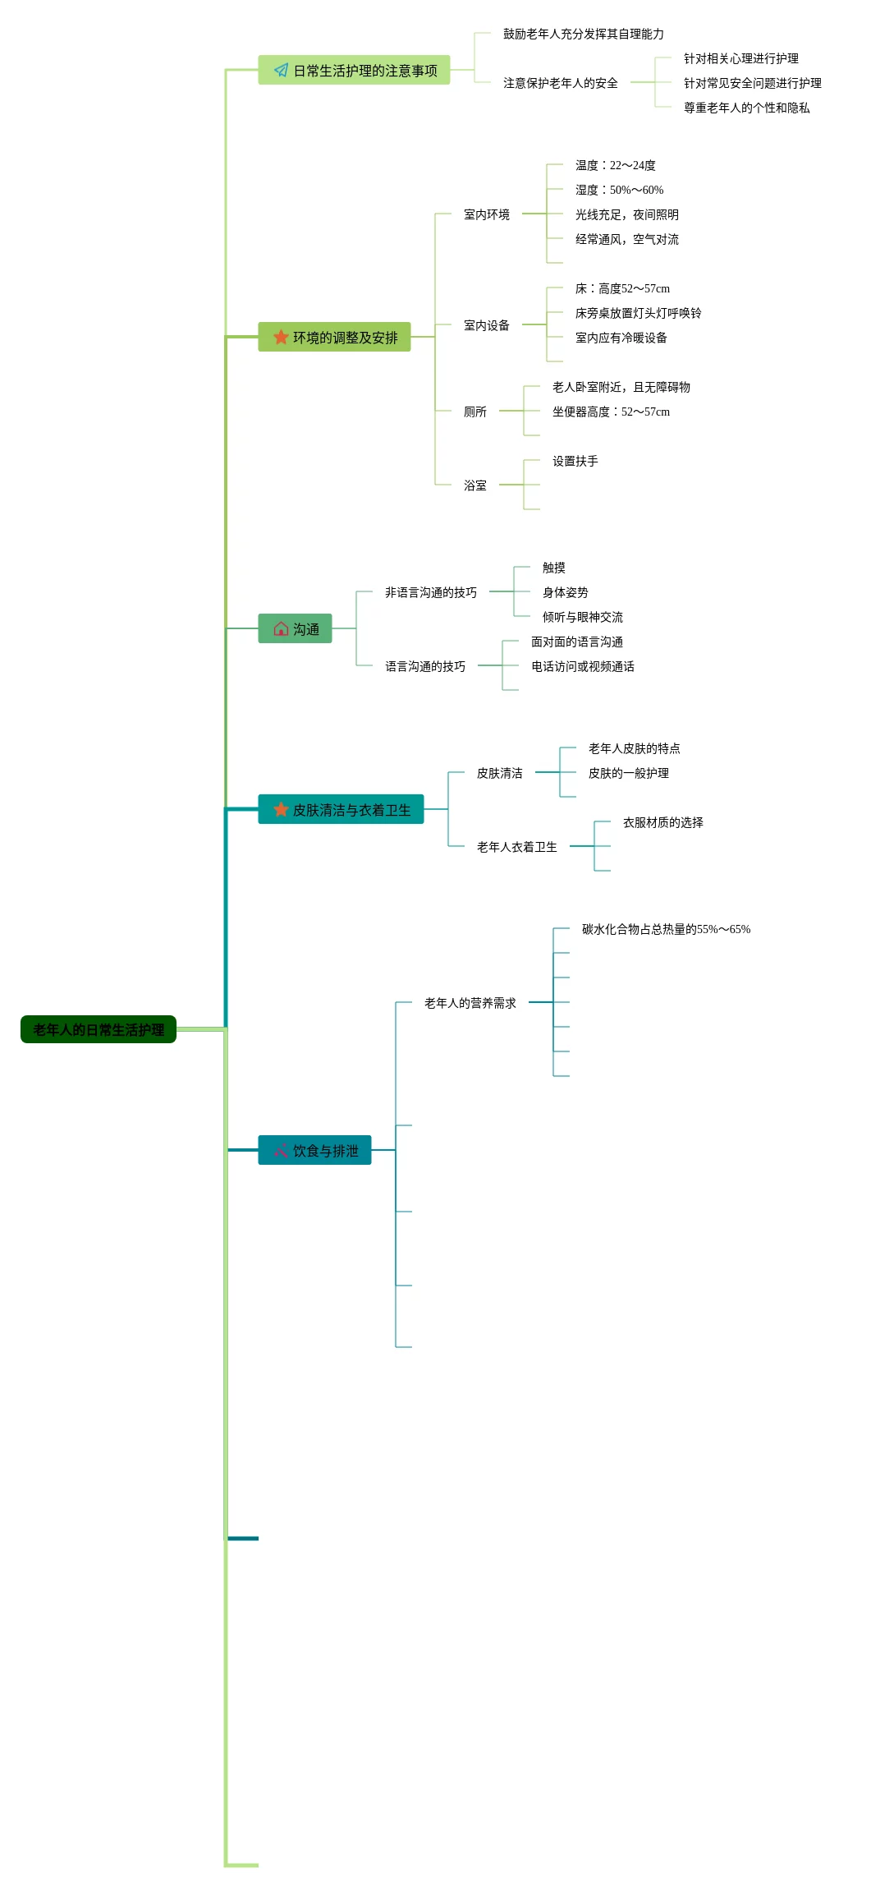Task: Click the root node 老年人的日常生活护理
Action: pyautogui.click(x=98, y=1029)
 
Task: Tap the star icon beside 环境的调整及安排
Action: pyautogui.click(x=281, y=337)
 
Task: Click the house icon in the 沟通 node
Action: pyautogui.click(x=281, y=628)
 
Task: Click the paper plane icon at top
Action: pyautogui.click(x=281, y=71)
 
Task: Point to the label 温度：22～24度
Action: pyautogui.click(x=615, y=165)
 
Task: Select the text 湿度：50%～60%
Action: pyautogui.click(x=619, y=190)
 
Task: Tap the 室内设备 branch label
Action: pyautogui.click(x=486, y=325)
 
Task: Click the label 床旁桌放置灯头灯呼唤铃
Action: pyautogui.click(x=638, y=313)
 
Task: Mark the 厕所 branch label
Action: pyautogui.click(x=474, y=412)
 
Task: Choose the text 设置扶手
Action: pyautogui.click(x=575, y=461)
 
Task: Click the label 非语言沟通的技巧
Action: pyautogui.click(x=430, y=592)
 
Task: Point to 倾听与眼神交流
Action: pyautogui.click(x=582, y=617)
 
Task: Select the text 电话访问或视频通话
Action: pyautogui.click(x=582, y=666)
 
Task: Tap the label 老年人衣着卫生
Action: pyautogui.click(x=516, y=847)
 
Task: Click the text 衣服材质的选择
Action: pyautogui.click(x=662, y=822)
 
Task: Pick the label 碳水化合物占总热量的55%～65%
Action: pyautogui.click(x=666, y=929)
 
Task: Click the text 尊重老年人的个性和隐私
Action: pyautogui.click(x=746, y=108)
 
